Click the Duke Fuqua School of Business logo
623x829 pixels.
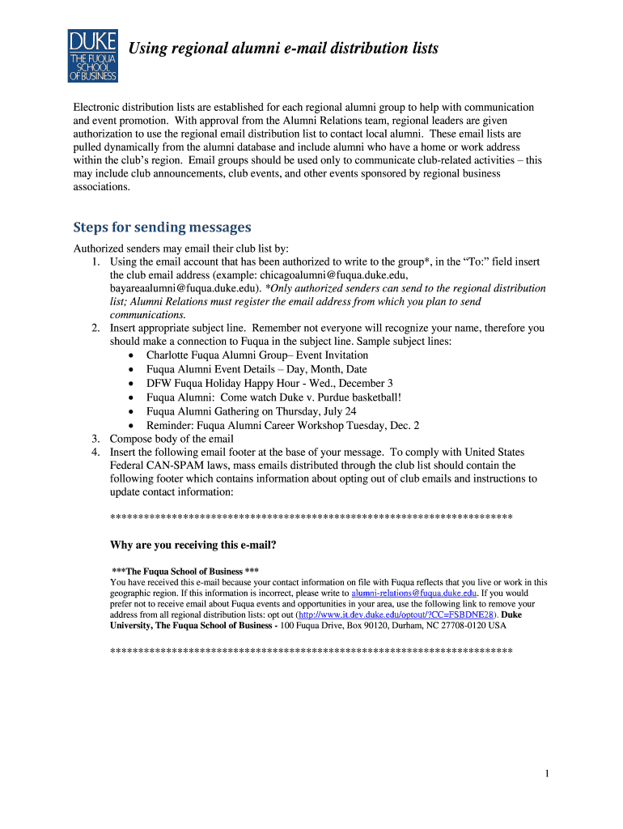[92, 55]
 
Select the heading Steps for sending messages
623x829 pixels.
[162, 227]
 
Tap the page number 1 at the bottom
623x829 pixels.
[547, 774]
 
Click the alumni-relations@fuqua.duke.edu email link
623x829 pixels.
[414, 593]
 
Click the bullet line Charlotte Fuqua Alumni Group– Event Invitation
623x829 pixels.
[245, 355]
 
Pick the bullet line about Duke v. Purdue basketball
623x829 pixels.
[273, 397]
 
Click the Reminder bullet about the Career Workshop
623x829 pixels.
[282, 425]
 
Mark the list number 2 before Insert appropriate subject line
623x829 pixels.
[95, 328]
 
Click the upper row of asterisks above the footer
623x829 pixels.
[311, 517]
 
